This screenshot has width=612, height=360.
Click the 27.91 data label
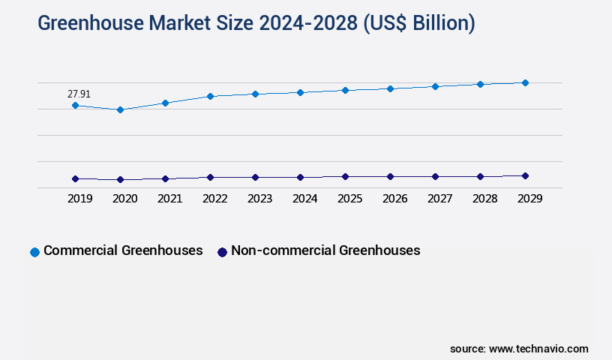coord(79,94)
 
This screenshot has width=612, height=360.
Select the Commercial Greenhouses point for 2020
coord(120,109)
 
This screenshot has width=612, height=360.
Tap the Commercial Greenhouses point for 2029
coord(525,82)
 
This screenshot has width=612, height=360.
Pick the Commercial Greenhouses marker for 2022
coord(210,96)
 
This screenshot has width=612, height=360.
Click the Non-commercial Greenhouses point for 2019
coord(75,178)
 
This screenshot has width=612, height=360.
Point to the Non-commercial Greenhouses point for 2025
coord(345,176)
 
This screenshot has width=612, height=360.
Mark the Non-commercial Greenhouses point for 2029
coord(525,175)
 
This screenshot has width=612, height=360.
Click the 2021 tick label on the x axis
coord(170,199)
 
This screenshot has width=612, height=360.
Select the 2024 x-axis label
coord(305,199)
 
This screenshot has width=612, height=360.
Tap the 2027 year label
coord(440,199)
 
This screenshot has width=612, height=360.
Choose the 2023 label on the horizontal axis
coord(260,199)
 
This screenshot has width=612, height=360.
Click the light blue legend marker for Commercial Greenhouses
coord(34,252)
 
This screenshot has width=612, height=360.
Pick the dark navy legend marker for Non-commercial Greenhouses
coord(222,252)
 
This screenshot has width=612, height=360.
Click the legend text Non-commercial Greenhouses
coord(325,250)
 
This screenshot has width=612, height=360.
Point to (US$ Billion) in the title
coord(418,24)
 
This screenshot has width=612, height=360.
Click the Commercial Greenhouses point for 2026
coord(390,88)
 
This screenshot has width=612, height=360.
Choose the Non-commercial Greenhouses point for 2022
coord(210,177)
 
